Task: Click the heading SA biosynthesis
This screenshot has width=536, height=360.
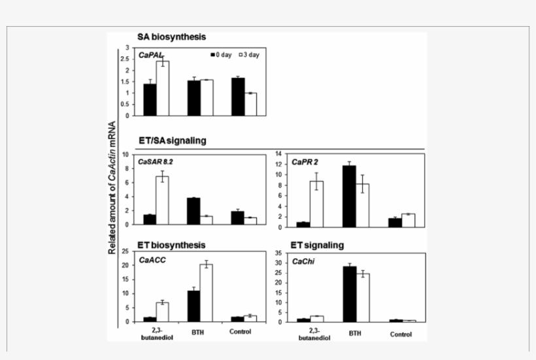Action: tap(171, 37)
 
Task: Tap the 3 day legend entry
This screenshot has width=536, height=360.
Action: tap(248, 55)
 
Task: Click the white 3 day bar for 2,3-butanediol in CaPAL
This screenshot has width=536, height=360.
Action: tap(163, 88)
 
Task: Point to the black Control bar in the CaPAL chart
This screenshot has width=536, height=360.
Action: tap(237, 97)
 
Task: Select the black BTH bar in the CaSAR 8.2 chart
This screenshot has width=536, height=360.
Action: tap(193, 211)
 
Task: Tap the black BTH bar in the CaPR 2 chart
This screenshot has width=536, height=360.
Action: tap(349, 196)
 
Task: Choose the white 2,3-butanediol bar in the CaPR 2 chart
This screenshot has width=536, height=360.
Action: tap(316, 204)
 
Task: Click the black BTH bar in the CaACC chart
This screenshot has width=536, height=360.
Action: tap(193, 306)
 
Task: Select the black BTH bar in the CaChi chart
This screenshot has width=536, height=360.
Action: tap(349, 294)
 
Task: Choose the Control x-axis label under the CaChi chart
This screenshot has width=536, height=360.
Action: tap(401, 335)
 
